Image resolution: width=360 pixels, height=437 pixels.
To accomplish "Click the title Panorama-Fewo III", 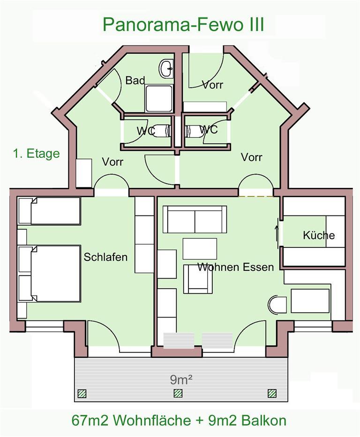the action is (x=183, y=25).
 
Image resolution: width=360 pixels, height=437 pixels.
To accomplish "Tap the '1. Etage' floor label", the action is (x=37, y=154).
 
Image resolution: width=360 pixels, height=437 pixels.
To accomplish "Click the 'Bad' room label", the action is (x=135, y=81).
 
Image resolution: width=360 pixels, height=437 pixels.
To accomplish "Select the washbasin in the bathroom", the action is (x=167, y=68).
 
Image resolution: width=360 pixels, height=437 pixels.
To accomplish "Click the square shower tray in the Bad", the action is (x=158, y=99).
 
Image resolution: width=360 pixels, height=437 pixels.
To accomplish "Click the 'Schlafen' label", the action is (x=105, y=257).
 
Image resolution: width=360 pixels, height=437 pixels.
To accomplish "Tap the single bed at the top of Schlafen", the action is (x=49, y=211).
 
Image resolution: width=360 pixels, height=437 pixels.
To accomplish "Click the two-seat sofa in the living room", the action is (x=195, y=219).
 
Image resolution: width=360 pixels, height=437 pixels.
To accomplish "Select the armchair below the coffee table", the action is (x=198, y=279).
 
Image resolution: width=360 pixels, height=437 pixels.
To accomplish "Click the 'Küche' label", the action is (x=319, y=235).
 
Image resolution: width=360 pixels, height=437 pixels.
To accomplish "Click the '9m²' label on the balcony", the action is (x=181, y=379).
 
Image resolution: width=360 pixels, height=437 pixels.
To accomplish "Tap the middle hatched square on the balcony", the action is (x=178, y=393).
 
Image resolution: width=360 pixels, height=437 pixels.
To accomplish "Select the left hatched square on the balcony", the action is (x=82, y=393).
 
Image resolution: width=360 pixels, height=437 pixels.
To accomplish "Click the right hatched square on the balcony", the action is (x=272, y=393).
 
